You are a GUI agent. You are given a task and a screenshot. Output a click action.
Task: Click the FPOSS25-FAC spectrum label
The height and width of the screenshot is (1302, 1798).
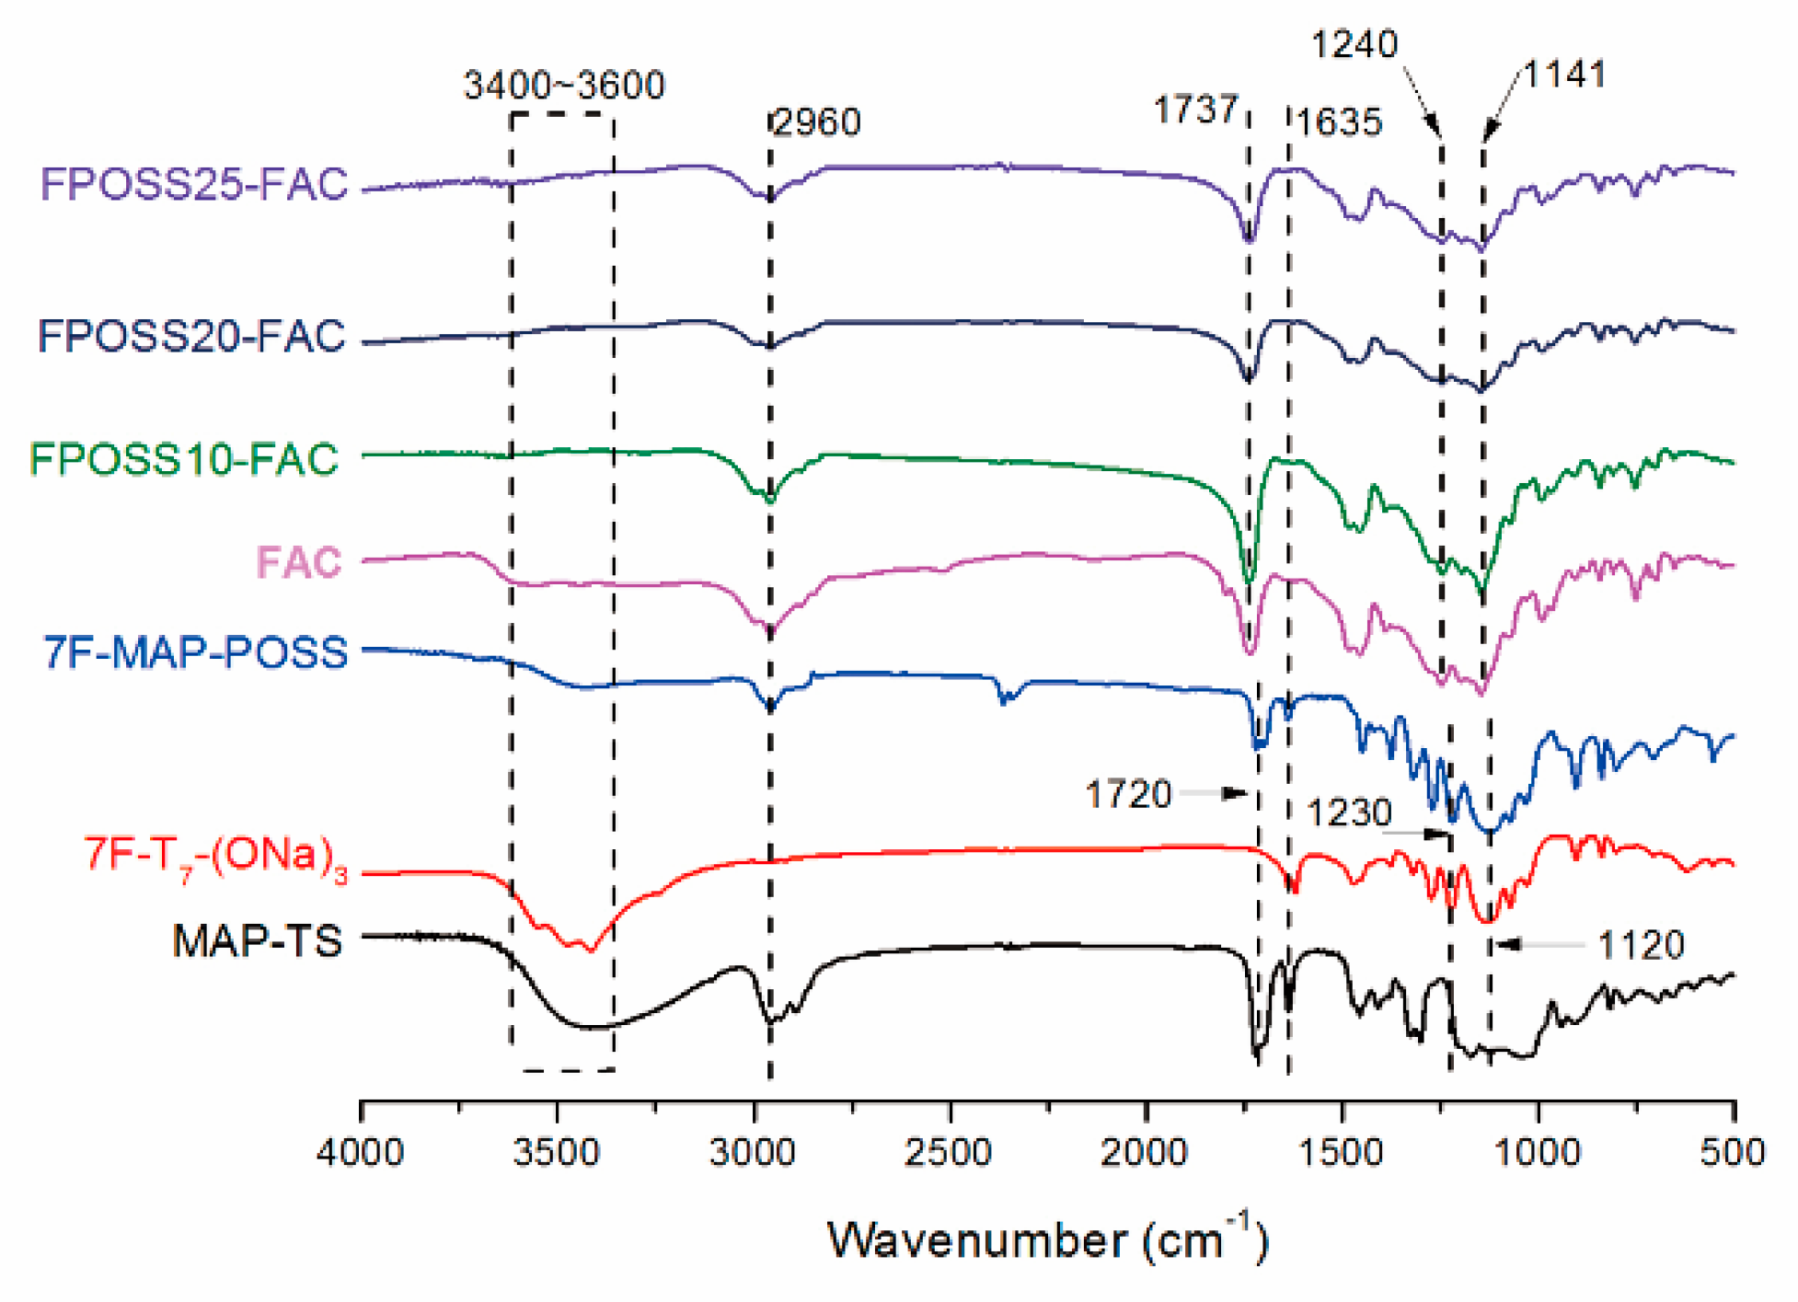(x=194, y=184)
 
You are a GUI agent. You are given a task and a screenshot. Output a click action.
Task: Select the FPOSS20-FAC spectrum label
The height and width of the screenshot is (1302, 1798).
(x=191, y=336)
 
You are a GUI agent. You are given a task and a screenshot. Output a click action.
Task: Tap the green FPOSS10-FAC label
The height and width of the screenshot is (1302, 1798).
(x=184, y=459)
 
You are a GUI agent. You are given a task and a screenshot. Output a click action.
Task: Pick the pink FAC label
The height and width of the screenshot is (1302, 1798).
(x=299, y=562)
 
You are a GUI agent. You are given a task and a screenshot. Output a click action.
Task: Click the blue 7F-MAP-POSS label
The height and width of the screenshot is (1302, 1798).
(x=196, y=652)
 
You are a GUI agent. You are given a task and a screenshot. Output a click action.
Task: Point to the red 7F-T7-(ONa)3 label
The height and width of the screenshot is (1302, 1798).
(x=216, y=858)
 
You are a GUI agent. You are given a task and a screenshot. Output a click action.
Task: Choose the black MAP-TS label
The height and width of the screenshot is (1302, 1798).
(x=258, y=941)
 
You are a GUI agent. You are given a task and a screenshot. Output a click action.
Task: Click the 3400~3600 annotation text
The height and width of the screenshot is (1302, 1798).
(x=563, y=86)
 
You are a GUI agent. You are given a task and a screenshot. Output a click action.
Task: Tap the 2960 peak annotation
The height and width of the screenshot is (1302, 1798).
(x=817, y=122)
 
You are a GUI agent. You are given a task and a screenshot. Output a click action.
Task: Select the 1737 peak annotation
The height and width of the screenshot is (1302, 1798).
(x=1195, y=110)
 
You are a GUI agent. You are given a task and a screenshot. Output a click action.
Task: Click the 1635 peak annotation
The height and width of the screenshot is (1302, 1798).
(x=1339, y=122)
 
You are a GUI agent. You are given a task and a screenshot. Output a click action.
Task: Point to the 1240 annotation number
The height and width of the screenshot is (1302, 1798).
(x=1354, y=44)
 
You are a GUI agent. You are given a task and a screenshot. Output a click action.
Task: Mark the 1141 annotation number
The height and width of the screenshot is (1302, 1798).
(x=1564, y=75)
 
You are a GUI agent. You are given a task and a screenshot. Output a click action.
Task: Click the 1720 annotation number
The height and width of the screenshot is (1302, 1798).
(x=1128, y=794)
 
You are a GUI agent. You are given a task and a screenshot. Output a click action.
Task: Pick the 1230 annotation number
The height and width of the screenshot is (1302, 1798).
(x=1349, y=813)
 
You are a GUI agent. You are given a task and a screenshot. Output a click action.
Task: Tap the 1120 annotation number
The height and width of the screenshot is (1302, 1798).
(x=1641, y=945)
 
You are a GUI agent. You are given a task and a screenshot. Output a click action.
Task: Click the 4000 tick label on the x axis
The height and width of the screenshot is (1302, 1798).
(x=360, y=1152)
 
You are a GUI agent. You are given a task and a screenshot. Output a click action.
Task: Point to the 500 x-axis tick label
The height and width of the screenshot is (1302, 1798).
(x=1733, y=1152)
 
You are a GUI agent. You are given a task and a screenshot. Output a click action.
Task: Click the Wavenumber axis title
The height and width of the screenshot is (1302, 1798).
(x=1047, y=1240)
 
